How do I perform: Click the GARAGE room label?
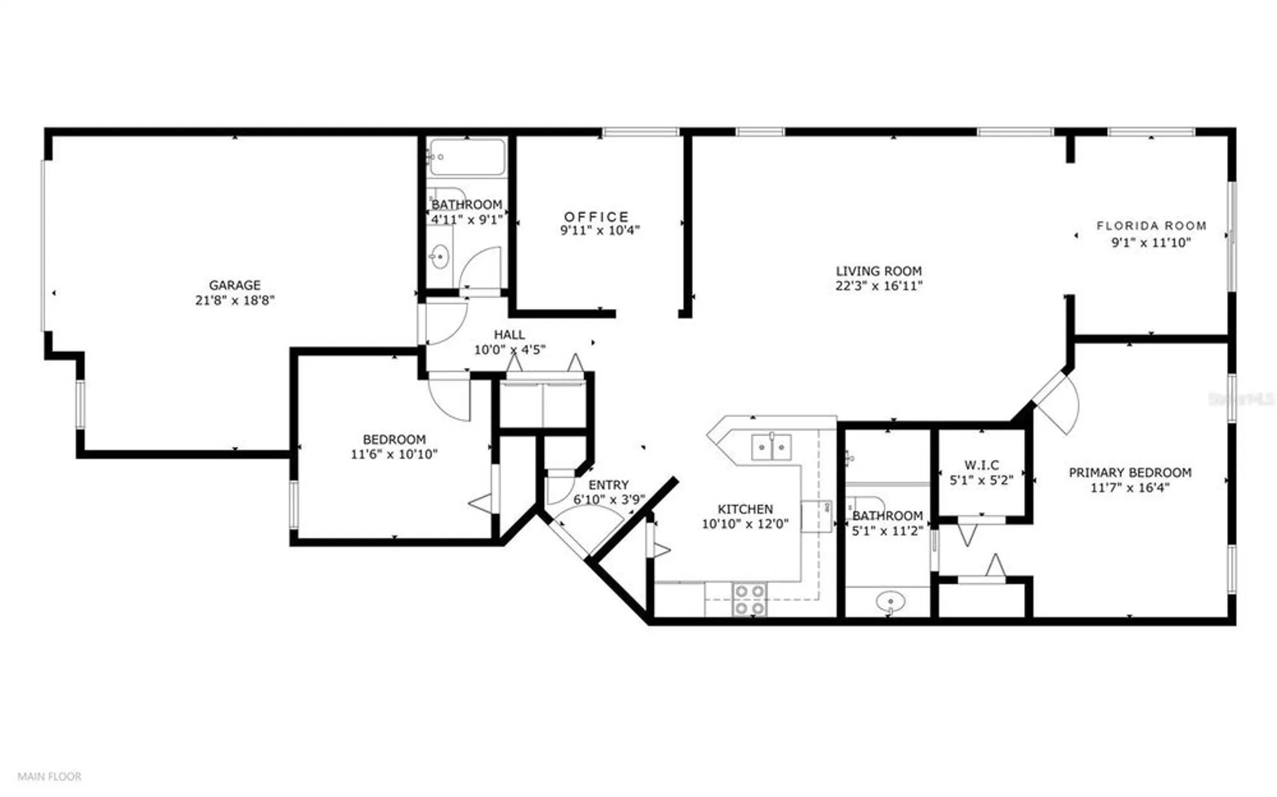(234, 285)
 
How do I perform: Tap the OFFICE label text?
(596, 216)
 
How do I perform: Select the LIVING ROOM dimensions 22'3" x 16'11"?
(879, 286)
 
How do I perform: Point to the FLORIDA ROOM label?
(1151, 225)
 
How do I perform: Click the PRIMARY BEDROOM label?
(1130, 473)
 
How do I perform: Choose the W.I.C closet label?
(981, 465)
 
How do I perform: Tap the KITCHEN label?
(745, 509)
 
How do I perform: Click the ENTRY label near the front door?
(608, 485)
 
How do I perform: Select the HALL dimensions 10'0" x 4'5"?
(509, 350)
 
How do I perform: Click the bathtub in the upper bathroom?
(467, 157)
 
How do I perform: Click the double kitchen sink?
(771, 447)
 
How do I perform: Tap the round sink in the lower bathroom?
(890, 602)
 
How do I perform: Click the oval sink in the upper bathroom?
(439, 257)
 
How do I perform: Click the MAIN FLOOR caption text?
(49, 777)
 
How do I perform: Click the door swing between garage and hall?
(446, 321)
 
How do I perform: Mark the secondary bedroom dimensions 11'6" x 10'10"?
(394, 455)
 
